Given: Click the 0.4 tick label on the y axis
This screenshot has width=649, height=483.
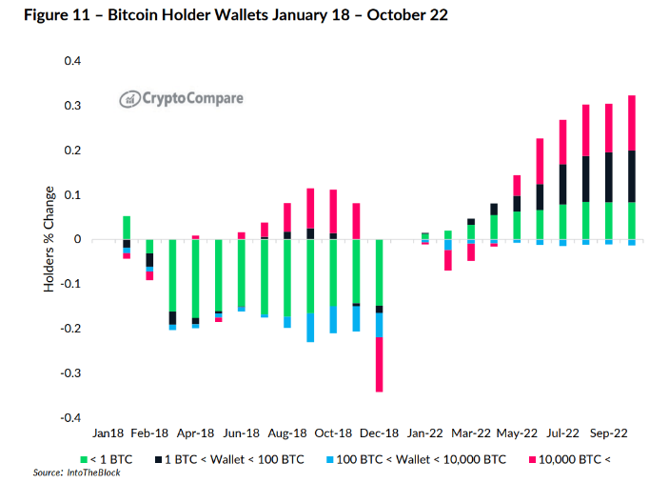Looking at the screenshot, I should coord(72,62).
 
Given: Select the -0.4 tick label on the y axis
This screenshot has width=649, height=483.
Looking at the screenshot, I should coord(70,417).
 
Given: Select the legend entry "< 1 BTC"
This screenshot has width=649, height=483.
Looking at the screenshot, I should coord(109,459).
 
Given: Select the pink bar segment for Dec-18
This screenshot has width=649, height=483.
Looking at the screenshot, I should coord(380,364).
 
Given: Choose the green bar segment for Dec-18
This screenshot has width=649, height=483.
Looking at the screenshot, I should coord(380,272).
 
